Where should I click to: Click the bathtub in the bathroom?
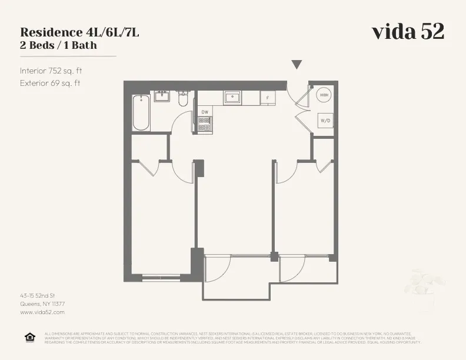point(141,112)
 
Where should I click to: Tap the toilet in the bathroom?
point(182,100)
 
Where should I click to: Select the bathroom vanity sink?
point(162,96)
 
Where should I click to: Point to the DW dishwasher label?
point(205,112)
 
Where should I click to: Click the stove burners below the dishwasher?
point(205,124)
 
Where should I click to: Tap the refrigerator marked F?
point(268,98)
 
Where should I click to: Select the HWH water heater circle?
point(324,95)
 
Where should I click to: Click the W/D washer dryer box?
point(325,121)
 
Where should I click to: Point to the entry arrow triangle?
point(297,65)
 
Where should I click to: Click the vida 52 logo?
point(408,32)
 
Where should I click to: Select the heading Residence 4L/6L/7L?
point(79,32)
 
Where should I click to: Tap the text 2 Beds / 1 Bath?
point(58,45)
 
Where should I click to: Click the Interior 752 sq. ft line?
point(51,71)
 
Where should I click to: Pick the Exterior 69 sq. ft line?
point(50,83)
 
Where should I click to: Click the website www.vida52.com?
point(42,312)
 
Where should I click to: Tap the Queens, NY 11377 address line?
point(42,304)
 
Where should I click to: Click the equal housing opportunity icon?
point(29,337)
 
